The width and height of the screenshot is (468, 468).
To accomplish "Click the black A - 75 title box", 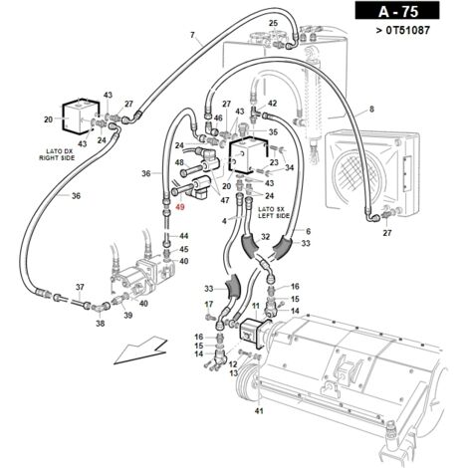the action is (x=397, y=11).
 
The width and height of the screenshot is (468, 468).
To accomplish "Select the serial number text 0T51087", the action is (x=408, y=31).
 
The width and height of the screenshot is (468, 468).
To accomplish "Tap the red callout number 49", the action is (x=180, y=207).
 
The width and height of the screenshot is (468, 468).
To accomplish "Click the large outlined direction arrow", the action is (x=140, y=351).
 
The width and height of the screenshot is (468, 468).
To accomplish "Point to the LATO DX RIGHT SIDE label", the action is (x=57, y=154).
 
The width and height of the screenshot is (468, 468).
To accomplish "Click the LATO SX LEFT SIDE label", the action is (x=274, y=212).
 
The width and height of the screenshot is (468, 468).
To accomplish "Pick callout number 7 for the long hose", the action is (x=192, y=35).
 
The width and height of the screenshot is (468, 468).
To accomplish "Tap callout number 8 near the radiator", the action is (x=371, y=109).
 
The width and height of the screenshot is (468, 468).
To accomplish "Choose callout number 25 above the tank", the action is (x=273, y=23).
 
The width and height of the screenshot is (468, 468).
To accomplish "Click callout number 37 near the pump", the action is (x=80, y=287).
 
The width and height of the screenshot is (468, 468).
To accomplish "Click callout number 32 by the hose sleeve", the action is (x=266, y=237).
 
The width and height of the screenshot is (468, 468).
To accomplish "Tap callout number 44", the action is (x=184, y=236).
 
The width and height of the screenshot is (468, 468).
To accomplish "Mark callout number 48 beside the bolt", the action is (x=179, y=162).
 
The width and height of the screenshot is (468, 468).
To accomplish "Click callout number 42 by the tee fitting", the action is (x=272, y=104).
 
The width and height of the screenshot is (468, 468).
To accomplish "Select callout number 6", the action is (x=309, y=231).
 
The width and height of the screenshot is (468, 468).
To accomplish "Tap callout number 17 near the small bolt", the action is (x=209, y=304).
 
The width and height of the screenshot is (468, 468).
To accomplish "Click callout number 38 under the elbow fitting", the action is (x=101, y=323).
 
